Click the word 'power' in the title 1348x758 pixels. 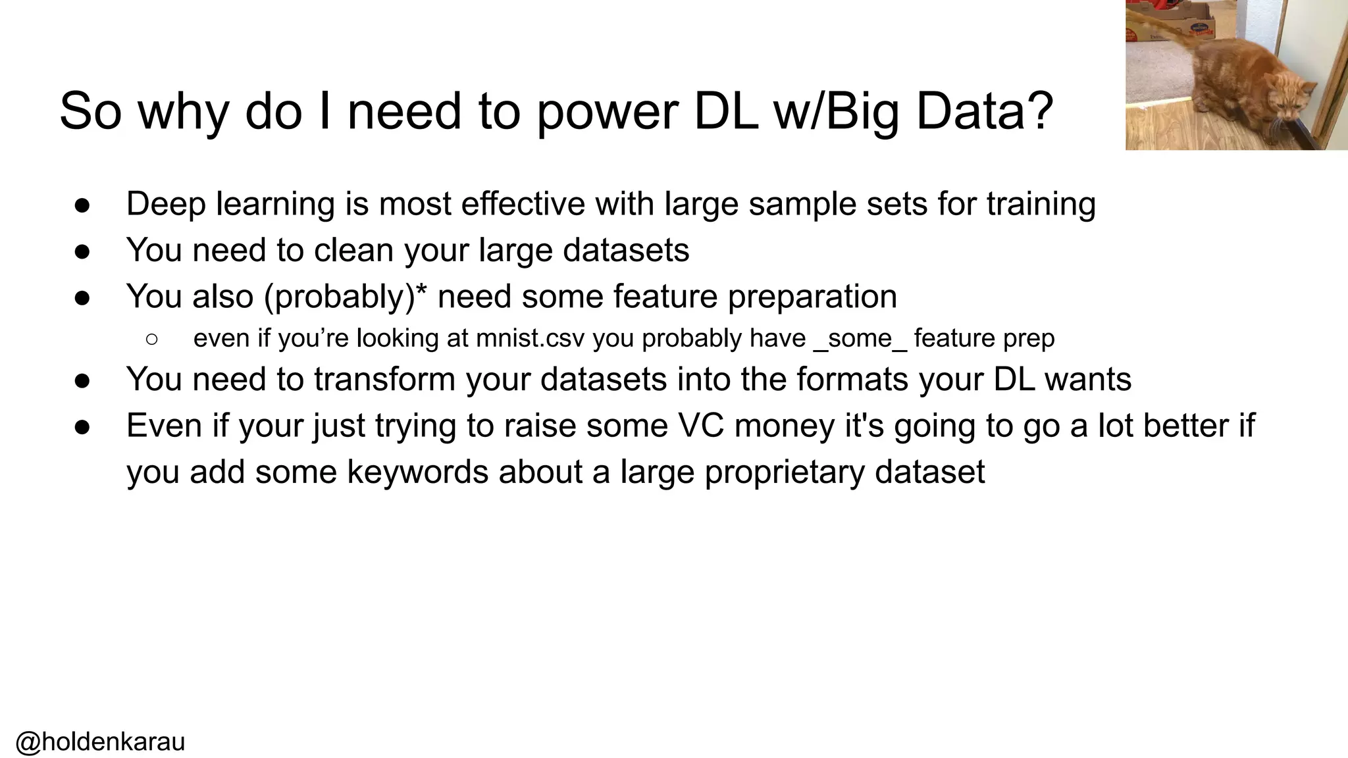click(607, 112)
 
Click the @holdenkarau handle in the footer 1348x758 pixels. click(100, 742)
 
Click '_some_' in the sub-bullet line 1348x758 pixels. click(860, 338)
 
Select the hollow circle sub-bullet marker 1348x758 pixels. click(151, 339)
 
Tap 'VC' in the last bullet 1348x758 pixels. click(701, 425)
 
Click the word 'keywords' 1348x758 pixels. click(418, 472)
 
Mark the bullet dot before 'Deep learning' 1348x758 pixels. click(82, 205)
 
